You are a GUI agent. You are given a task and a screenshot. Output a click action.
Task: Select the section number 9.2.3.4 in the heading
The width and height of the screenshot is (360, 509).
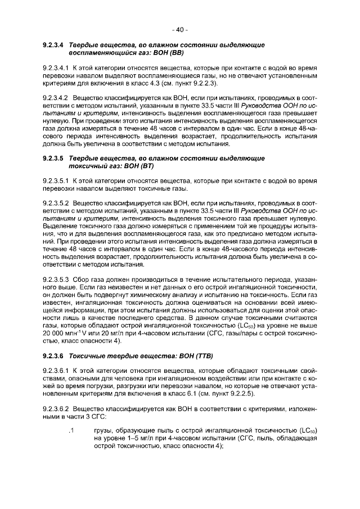[x=53, y=44]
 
